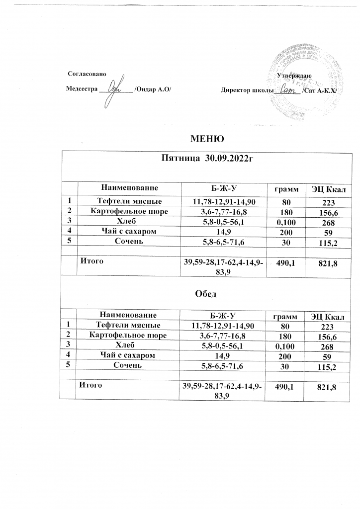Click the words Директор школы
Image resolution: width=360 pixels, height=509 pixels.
(x=247, y=91)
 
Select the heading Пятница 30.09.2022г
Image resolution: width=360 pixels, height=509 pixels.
(x=205, y=159)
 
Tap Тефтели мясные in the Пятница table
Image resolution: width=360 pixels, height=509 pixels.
(x=128, y=201)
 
